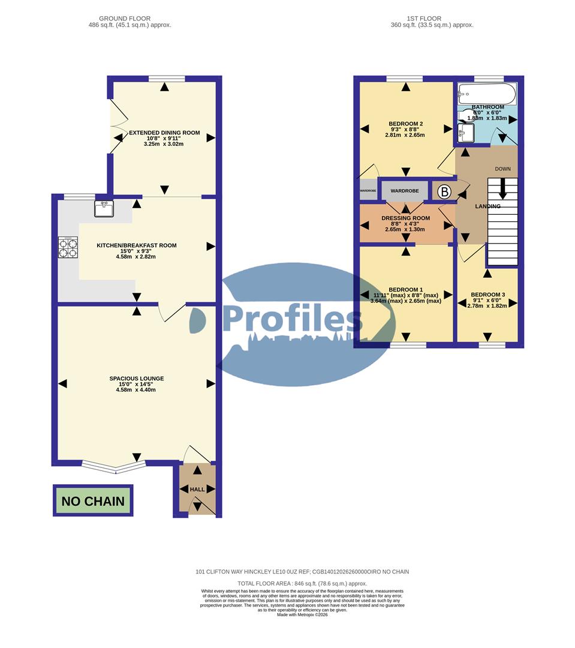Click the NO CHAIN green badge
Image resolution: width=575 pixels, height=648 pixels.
pyautogui.click(x=93, y=501)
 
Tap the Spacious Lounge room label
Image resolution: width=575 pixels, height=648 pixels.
pyautogui.click(x=136, y=379)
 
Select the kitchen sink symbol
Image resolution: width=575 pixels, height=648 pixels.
pyautogui.click(x=104, y=208)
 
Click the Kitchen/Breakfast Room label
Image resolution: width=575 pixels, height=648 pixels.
pyautogui.click(x=137, y=245)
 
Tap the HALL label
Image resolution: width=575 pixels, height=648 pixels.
pyautogui.click(x=197, y=490)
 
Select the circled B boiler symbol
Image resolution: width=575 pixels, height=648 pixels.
pyautogui.click(x=444, y=192)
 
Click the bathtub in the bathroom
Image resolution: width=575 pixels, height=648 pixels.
pyautogui.click(x=486, y=94)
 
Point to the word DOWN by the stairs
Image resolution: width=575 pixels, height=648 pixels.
pyautogui.click(x=502, y=169)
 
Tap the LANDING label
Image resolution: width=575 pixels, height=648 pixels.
pyautogui.click(x=487, y=206)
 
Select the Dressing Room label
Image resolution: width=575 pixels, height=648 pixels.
pyautogui.click(x=406, y=218)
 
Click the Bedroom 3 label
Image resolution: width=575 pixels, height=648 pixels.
pyautogui.click(x=487, y=294)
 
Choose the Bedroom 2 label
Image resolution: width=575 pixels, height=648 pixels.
pyautogui.click(x=405, y=124)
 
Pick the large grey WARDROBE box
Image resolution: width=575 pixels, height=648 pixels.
pyautogui.click(x=405, y=191)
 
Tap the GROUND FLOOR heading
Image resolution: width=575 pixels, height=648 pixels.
pyautogui.click(x=125, y=19)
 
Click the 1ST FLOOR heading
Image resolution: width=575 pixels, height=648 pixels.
pyautogui.click(x=432, y=19)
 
